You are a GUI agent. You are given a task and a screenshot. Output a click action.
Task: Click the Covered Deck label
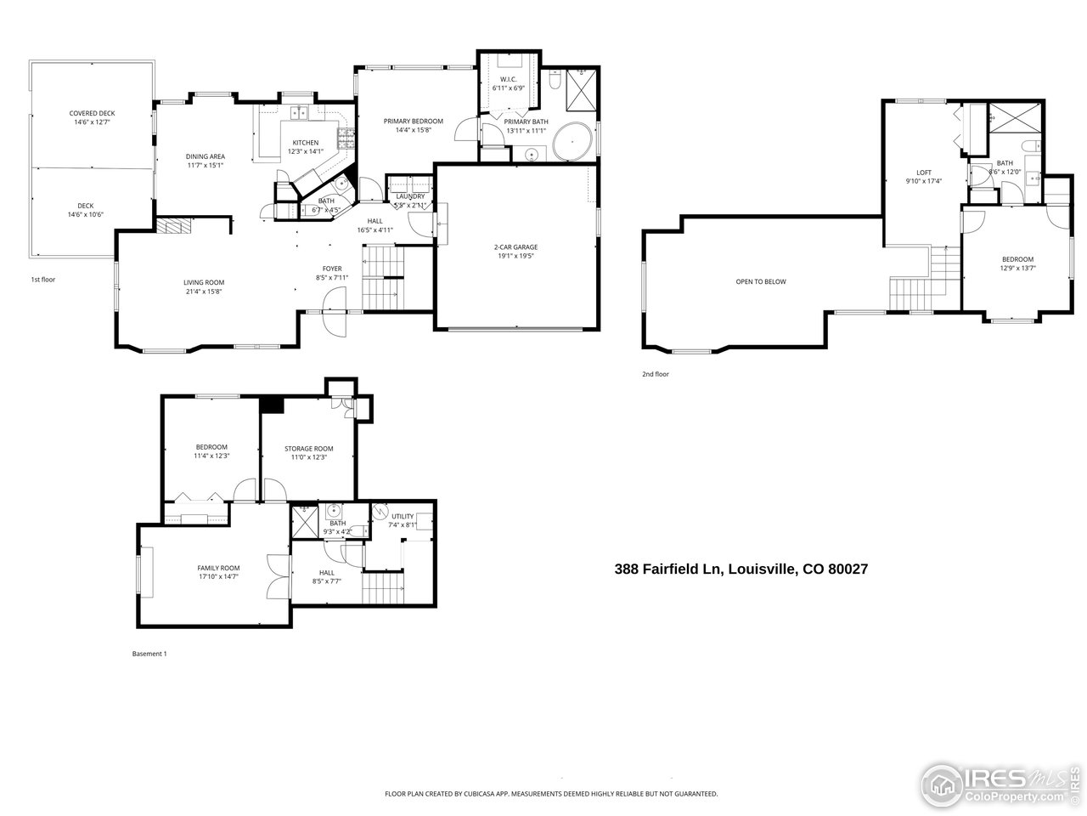tap(92, 113)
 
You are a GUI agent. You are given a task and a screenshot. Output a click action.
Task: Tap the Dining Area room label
tap(206, 156)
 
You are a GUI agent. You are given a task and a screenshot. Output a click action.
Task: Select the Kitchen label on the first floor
tap(306, 143)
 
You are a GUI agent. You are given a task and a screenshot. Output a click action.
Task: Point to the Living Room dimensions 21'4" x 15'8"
tap(204, 292)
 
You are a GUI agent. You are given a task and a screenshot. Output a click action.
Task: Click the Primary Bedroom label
tap(414, 122)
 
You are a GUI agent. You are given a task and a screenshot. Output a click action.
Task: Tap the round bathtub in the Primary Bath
tap(573, 142)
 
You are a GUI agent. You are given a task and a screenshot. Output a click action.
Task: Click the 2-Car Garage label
tap(516, 247)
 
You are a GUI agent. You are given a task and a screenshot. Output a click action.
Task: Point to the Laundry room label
tap(410, 197)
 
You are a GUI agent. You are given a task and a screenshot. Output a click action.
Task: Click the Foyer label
tap(332, 269)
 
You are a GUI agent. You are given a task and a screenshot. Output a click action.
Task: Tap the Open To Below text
tap(761, 281)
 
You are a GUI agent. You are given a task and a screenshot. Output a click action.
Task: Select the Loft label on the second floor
tap(924, 173)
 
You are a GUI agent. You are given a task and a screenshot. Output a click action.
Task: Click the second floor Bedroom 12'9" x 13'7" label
tap(1017, 259)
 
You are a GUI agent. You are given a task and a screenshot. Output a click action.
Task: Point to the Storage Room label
tap(308, 449)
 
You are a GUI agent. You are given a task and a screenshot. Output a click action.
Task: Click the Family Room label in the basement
tap(218, 569)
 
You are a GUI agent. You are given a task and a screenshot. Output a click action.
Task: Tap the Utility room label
tap(403, 516)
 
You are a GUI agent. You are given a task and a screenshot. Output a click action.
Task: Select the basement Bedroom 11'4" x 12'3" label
tap(211, 447)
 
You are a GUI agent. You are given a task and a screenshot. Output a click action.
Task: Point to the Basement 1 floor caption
tap(149, 654)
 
